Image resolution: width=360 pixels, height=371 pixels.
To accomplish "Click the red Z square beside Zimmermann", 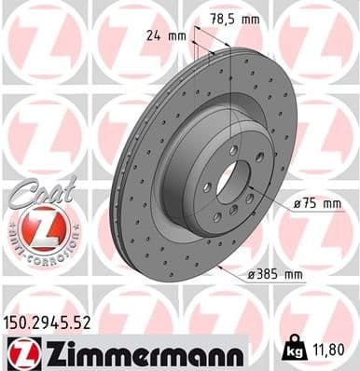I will click(x=21, y=351).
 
